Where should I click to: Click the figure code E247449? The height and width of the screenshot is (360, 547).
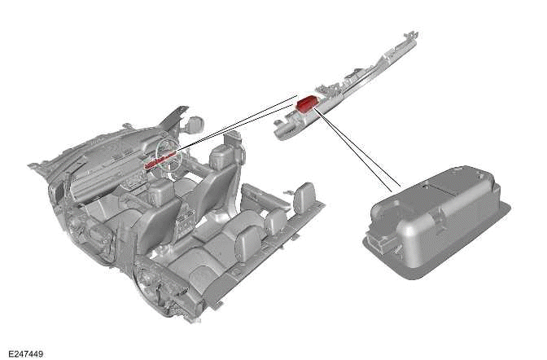click(26, 354)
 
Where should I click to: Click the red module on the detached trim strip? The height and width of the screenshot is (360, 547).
click(305, 103)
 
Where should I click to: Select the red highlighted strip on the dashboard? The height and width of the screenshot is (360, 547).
click(159, 160)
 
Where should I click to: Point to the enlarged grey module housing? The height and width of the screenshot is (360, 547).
click(436, 221)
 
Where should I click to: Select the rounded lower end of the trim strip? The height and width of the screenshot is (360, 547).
click(280, 133)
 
